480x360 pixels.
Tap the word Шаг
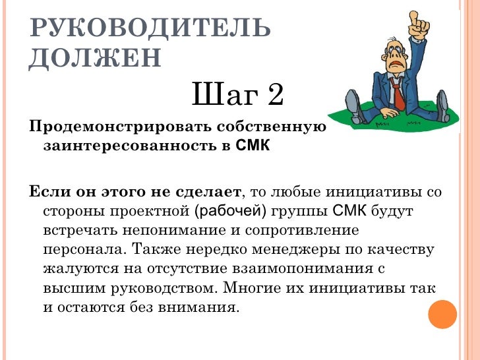tap(218, 96)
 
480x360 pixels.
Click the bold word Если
tap(48, 193)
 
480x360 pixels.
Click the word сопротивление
tap(301, 231)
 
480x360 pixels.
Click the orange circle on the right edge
tap(442, 315)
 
